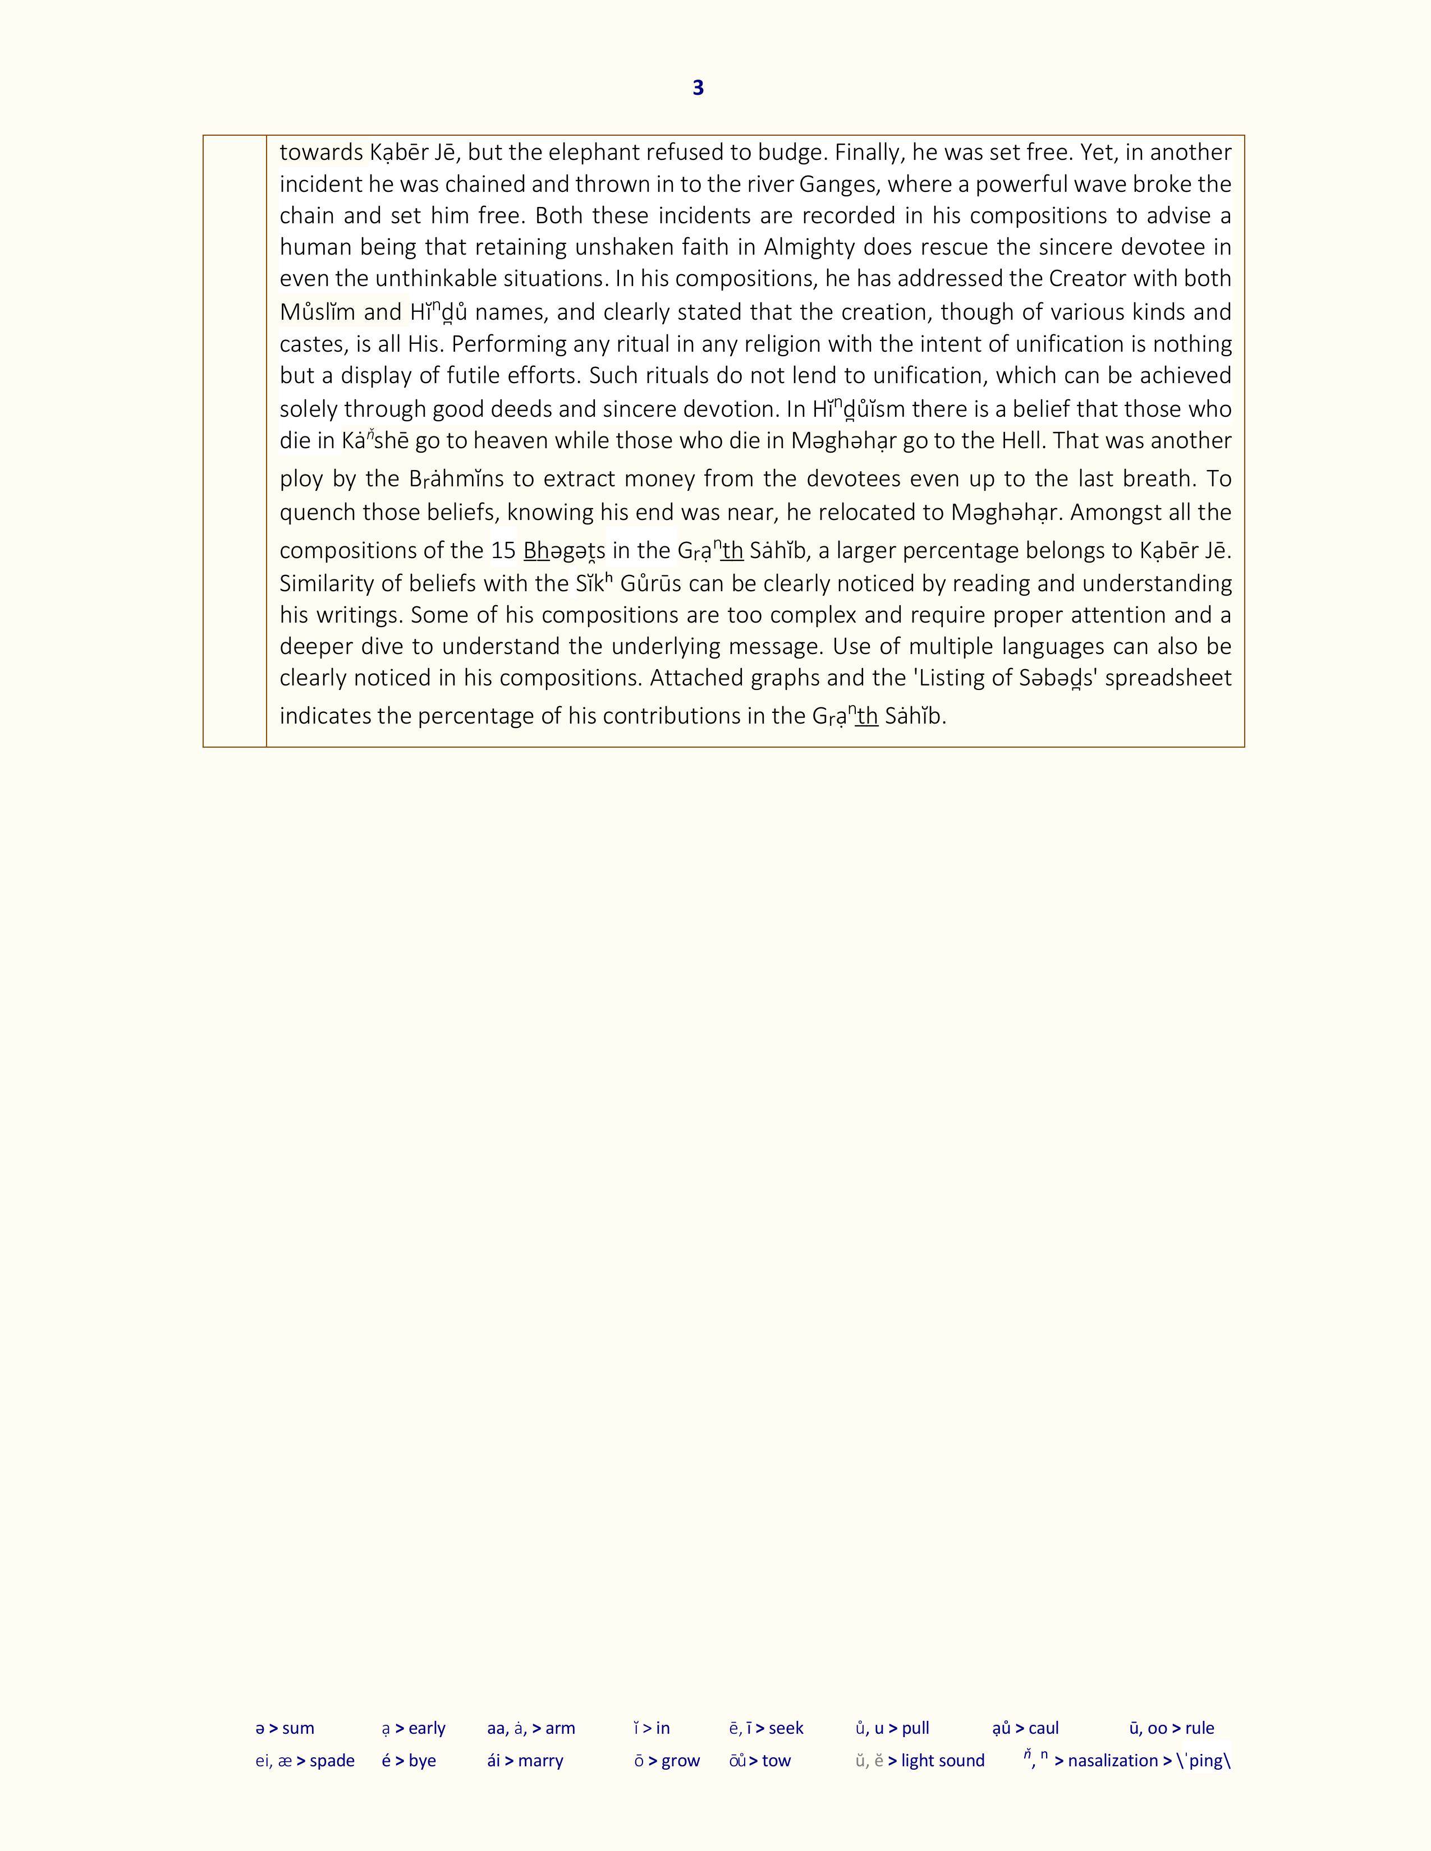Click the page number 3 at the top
click(x=698, y=88)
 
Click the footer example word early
click(x=426, y=1728)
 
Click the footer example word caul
click(x=1043, y=1728)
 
